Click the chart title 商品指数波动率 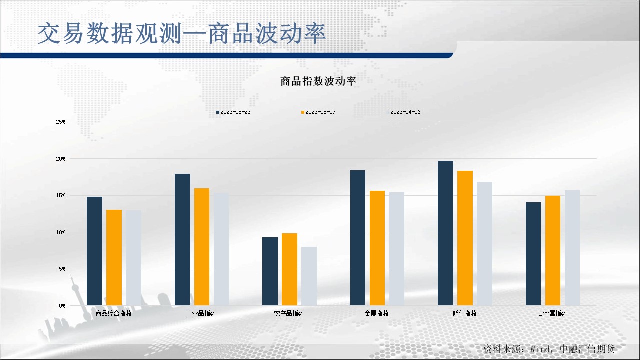(318, 82)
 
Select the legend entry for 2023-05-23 (233, 112)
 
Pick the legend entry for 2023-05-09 (318, 112)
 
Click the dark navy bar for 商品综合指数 (94, 251)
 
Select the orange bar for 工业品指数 (202, 247)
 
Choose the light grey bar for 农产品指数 (309, 276)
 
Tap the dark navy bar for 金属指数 (358, 238)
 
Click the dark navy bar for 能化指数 (445, 233)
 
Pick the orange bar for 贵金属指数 (553, 250)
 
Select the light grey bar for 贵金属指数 (572, 248)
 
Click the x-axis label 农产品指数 (289, 314)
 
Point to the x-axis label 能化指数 (464, 314)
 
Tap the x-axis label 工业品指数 (201, 314)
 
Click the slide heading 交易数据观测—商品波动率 (182, 34)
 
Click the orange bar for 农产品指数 (289, 269)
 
